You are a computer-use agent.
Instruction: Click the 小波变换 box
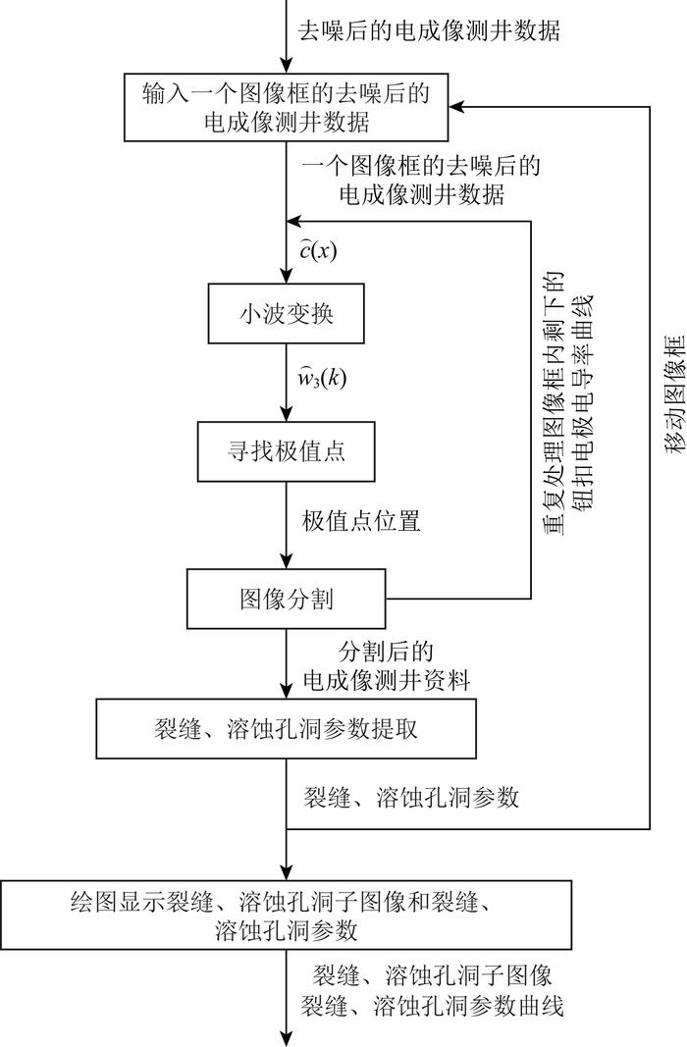pos(289,315)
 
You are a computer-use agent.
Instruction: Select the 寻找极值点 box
pos(289,452)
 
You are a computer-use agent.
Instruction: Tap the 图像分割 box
pos(289,598)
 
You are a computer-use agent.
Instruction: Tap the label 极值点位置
pos(362,521)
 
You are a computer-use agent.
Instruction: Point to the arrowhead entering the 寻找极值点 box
pos(289,416)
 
